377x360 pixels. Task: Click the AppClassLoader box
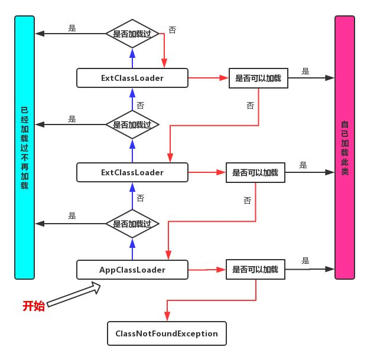click(132, 270)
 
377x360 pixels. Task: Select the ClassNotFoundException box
click(167, 333)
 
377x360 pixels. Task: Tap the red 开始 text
click(34, 306)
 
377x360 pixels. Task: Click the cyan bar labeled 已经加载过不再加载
click(24, 148)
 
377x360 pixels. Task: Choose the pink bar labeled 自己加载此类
click(344, 148)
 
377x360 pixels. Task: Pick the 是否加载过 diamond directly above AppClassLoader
click(132, 224)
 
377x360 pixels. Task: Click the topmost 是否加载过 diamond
click(132, 34)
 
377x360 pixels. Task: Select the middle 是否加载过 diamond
click(132, 125)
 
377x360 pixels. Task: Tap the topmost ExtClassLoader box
click(132, 77)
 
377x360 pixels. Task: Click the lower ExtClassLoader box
click(132, 172)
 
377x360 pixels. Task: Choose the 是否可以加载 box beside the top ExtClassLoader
click(259, 77)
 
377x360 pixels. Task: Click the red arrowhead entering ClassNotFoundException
click(167, 317)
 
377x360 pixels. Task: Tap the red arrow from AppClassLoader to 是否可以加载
click(207, 270)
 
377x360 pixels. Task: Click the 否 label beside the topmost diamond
click(172, 30)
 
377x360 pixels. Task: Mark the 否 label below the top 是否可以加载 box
click(250, 105)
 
